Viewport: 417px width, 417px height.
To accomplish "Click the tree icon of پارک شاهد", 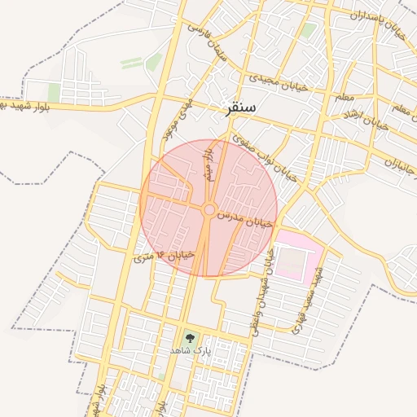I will [x=190, y=336].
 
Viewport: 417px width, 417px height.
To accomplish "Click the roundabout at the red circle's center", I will [x=208, y=210].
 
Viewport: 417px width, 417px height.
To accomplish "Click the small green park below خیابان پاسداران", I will [x=308, y=31].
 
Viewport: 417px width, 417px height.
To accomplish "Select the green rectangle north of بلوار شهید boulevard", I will [x=54, y=92].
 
